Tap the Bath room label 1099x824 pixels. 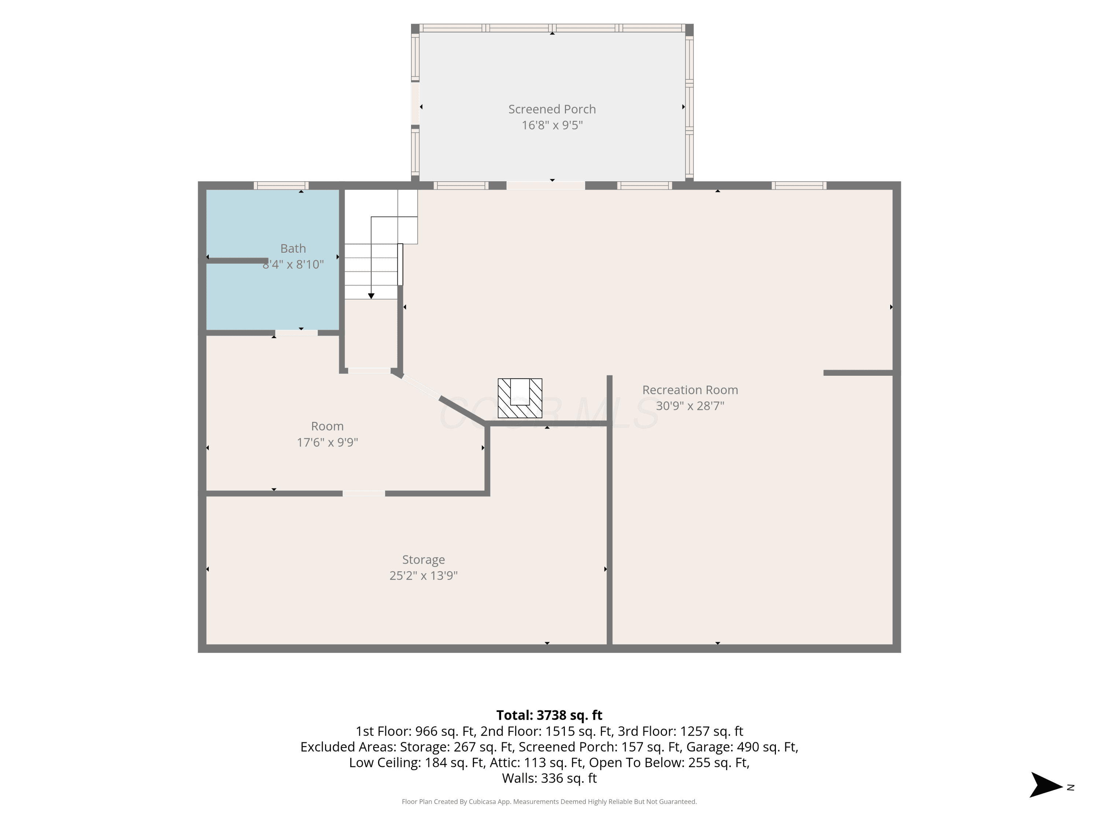pyautogui.click(x=293, y=248)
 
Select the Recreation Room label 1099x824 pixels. pyautogui.click(x=690, y=390)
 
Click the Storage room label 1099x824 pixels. pyautogui.click(x=423, y=560)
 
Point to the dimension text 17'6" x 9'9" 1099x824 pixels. pyautogui.click(x=328, y=442)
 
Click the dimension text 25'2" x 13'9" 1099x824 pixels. pyautogui.click(x=423, y=575)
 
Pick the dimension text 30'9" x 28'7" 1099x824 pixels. pyautogui.click(x=690, y=406)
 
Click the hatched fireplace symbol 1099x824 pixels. pyautogui.click(x=520, y=398)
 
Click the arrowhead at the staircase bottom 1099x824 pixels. pyautogui.click(x=371, y=296)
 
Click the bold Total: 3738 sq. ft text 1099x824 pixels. pyautogui.click(x=549, y=715)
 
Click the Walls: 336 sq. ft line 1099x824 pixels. pyautogui.click(x=549, y=778)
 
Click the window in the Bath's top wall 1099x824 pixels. pyautogui.click(x=281, y=186)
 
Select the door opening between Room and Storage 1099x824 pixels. pyautogui.click(x=364, y=493)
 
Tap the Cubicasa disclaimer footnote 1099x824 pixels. pyautogui.click(x=549, y=802)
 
